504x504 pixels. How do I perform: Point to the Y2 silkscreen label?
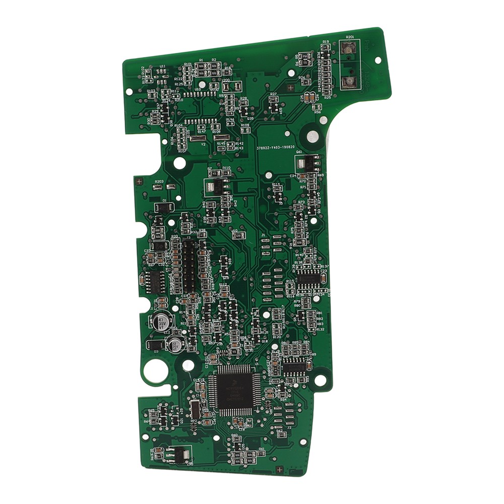tap(203, 144)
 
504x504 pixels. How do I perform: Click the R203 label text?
tap(159, 181)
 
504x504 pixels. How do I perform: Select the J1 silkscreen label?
tap(263, 235)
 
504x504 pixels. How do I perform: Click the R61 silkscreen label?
tap(262, 449)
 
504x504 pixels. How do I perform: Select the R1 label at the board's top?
tap(201, 60)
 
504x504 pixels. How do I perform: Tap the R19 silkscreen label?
tap(326, 42)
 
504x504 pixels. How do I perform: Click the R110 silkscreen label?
tap(226, 168)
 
